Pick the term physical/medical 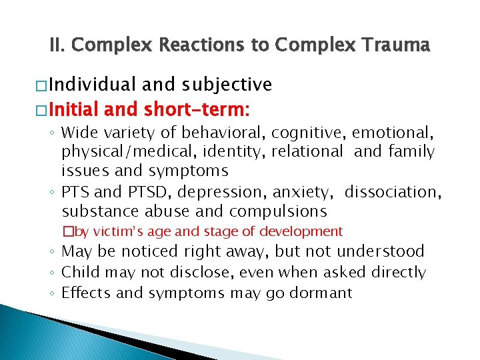pos(109,152)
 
